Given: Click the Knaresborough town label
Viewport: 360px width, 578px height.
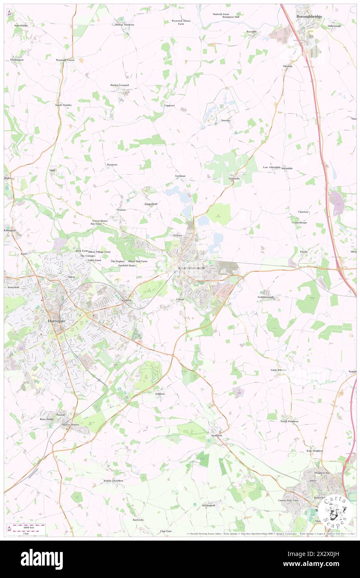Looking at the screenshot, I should click(x=191, y=268).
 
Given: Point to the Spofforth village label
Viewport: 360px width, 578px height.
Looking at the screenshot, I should click(x=217, y=435).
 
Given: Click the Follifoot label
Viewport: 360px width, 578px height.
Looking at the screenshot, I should click(x=160, y=393).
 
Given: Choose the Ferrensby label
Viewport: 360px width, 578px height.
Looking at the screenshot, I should click(x=234, y=178).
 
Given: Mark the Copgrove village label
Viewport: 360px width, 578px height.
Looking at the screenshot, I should click(x=169, y=105).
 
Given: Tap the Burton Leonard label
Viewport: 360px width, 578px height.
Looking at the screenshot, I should click(x=120, y=85).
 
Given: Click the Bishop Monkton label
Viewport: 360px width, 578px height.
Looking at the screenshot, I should click(x=125, y=25).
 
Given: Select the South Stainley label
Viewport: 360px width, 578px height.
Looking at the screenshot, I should click(x=64, y=105).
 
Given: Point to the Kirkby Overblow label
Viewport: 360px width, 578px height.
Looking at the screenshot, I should click(x=113, y=481).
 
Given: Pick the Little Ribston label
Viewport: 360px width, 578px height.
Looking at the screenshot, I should click(x=279, y=370).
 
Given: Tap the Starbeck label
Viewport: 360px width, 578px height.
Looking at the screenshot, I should click(x=126, y=300).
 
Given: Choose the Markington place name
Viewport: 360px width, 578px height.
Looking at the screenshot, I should click(x=17, y=60).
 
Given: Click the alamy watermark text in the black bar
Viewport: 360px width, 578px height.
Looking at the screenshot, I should click(x=42, y=558).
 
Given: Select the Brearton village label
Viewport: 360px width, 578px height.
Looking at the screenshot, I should click(x=112, y=165).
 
